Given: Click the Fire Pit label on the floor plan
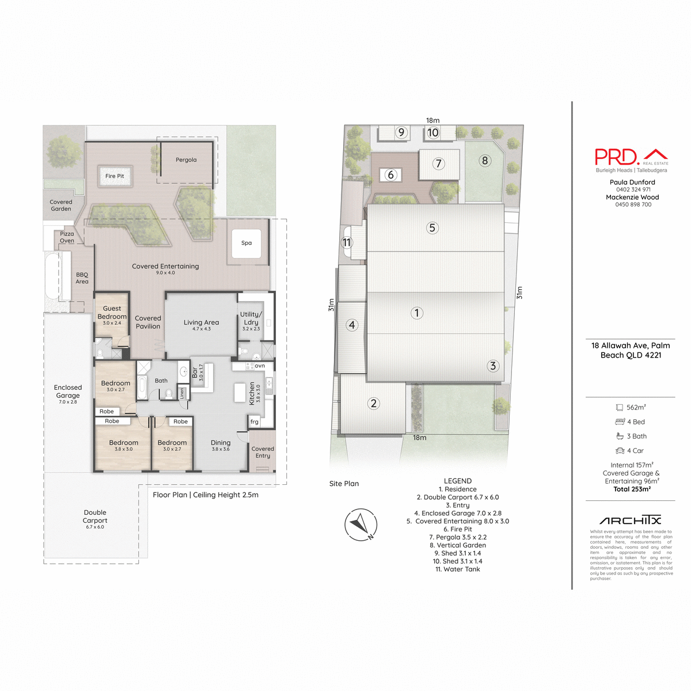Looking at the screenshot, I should tap(115, 176).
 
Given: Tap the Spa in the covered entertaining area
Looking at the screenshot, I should tap(246, 243).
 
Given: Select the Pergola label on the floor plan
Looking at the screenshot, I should tap(186, 160).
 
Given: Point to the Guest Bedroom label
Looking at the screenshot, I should tap(112, 313).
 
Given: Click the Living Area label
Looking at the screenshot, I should tap(201, 322).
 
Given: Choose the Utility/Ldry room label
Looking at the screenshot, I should tap(251, 318).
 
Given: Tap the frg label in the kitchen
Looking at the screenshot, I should tap(255, 422).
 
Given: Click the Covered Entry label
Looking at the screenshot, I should tap(263, 452).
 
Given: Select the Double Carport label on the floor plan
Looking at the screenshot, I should tap(95, 517).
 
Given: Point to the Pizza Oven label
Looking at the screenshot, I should tap(67, 237).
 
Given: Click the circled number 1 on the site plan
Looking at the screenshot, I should tap(417, 313).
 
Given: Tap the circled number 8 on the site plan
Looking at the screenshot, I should tap(485, 161).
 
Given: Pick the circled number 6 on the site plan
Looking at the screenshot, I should tap(391, 174).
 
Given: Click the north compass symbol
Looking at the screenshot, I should tap(360, 525).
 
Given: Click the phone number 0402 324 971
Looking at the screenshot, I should tap(633, 189).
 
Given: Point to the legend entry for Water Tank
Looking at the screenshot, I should tap(457, 569).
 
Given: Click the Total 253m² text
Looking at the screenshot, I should tap(632, 489).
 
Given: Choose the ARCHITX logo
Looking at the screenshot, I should tap(630, 521).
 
